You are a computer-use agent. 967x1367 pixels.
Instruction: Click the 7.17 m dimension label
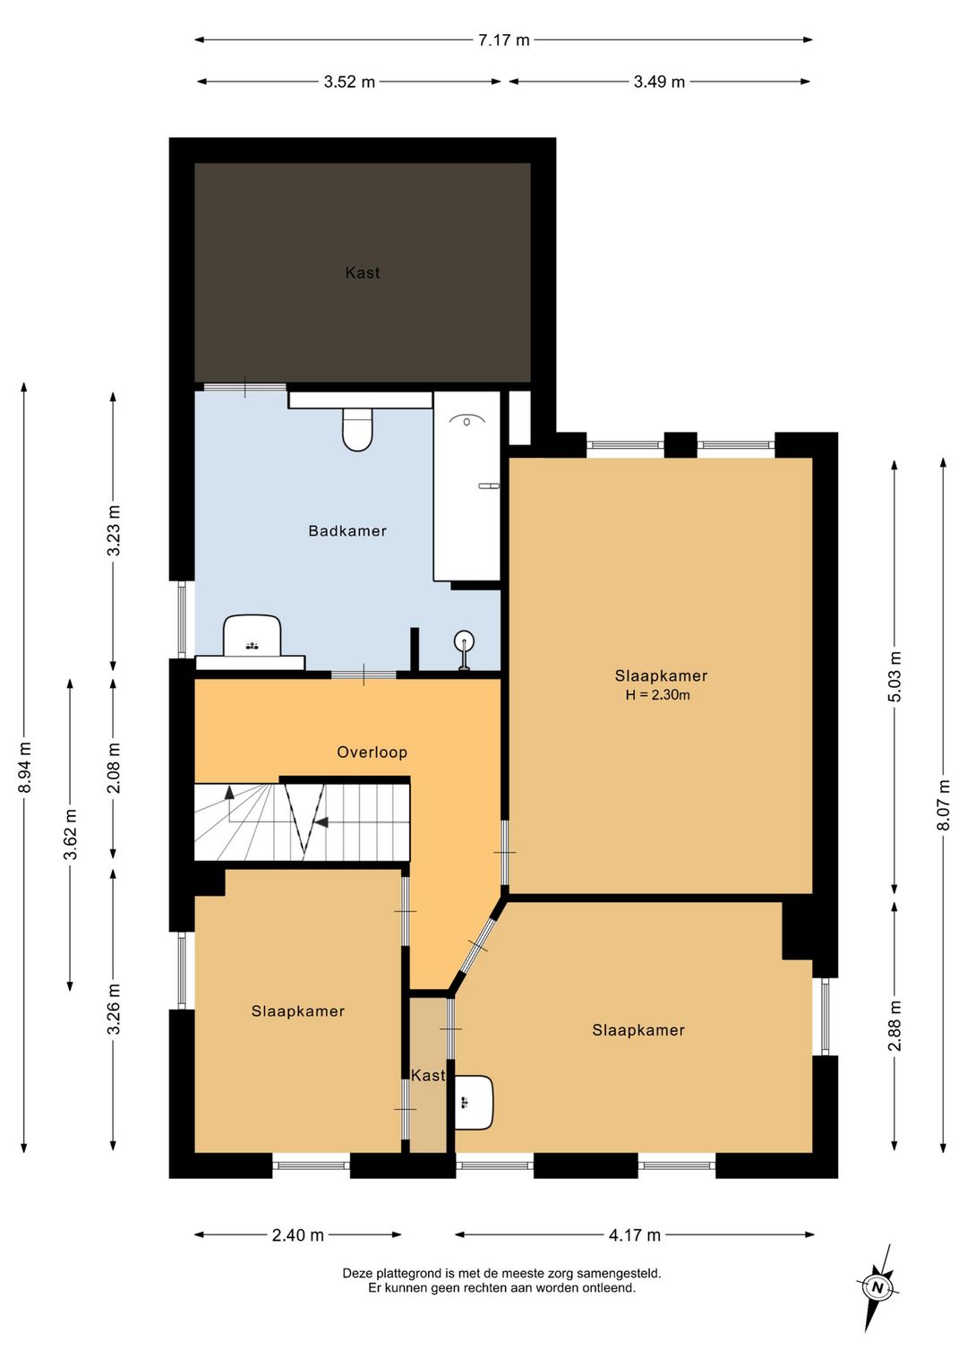coord(503,40)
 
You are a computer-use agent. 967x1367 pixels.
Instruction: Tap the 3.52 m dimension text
coord(349,82)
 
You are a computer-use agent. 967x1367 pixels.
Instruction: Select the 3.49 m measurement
coord(659,82)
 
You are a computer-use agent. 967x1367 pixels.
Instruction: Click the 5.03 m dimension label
coord(894,677)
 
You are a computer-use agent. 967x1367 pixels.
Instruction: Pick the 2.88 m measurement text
coord(894,1026)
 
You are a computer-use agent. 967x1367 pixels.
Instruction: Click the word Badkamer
coord(347,531)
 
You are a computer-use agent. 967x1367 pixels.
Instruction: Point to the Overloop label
coord(372,752)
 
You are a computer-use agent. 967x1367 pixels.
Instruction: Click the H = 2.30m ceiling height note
coord(658,694)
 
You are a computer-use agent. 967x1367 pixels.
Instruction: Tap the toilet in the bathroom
coord(357,430)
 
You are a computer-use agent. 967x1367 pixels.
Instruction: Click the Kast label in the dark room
coord(363,273)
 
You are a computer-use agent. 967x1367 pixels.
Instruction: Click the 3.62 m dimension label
coord(72,834)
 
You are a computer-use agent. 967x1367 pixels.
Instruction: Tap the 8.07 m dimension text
coord(944,805)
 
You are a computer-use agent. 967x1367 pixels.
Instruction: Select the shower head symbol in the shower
coord(466,420)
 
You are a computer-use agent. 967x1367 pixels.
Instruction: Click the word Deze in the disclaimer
coord(356,1274)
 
